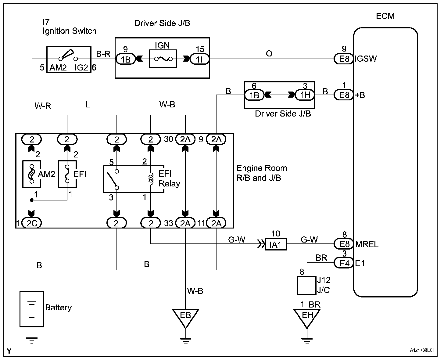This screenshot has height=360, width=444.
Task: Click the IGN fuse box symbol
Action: click(163, 59)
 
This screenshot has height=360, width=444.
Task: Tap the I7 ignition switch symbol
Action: click(69, 59)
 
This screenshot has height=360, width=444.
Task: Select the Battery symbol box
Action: click(32, 308)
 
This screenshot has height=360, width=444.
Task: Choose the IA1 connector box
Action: click(276, 244)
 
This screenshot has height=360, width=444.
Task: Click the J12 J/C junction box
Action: click(306, 285)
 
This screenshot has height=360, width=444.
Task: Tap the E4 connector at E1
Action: click(344, 263)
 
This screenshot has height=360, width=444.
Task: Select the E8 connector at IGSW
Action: click(344, 59)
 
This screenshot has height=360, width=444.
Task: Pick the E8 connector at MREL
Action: click(344, 244)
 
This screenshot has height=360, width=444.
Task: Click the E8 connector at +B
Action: click(344, 95)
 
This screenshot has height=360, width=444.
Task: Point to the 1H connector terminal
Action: click(305, 95)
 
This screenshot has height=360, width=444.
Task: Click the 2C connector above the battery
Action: click(32, 223)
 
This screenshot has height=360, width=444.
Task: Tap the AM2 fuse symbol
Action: click(31, 174)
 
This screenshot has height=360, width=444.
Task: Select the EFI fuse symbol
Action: click(67, 174)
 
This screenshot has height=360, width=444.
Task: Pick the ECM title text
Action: click(385, 16)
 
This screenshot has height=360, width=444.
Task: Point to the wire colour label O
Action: click(269, 54)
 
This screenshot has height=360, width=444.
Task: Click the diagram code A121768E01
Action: click(422, 351)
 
